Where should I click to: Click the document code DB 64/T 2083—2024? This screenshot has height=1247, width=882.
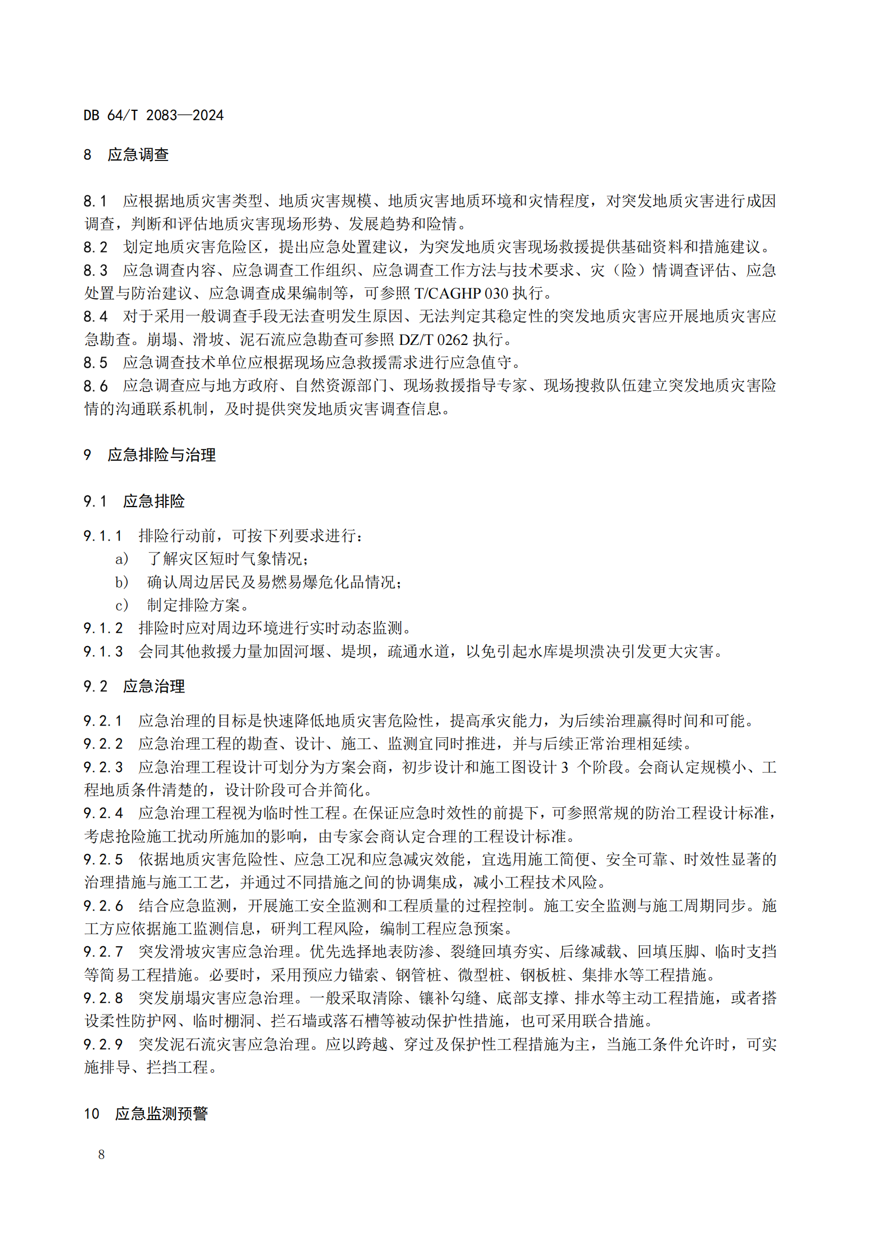pos(153,115)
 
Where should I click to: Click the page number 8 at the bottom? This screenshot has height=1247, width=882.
pos(101,1154)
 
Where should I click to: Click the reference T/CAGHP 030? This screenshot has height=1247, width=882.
pos(461,293)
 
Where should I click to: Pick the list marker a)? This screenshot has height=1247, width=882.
pos(122,558)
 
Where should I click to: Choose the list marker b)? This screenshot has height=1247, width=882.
pos(122,582)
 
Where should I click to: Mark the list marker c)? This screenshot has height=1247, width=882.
pos(122,605)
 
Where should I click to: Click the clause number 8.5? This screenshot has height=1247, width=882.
pos(95,363)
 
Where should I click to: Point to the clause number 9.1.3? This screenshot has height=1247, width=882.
pos(103,651)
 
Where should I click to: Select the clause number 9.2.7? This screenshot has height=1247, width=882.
pos(103,952)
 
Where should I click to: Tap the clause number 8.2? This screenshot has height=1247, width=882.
pos(95,247)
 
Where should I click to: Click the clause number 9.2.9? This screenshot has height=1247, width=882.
pos(103,1044)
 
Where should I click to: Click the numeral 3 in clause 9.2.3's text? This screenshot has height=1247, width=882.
pos(564,767)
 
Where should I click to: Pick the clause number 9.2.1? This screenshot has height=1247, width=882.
pos(103,721)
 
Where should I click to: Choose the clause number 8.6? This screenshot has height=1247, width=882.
pos(95,385)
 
